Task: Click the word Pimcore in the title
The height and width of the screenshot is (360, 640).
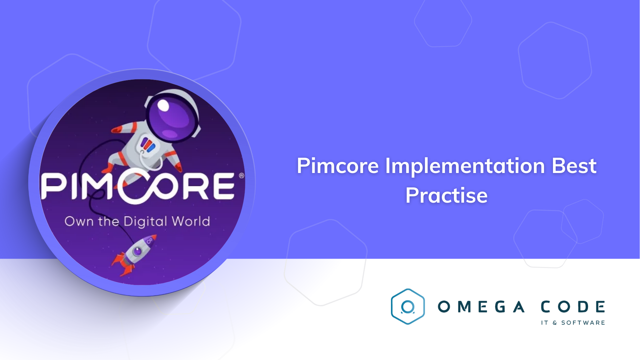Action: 338,166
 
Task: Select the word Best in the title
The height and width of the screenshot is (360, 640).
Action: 574,166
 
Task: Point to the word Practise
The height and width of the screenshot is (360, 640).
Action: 446,195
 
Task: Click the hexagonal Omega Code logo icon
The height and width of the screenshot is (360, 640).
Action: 408,307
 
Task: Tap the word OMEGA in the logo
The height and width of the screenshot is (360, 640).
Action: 481,307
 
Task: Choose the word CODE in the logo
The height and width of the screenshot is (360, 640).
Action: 573,307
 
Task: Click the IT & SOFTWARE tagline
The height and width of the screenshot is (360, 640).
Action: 573,323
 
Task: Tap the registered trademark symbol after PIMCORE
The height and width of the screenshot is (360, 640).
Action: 242,176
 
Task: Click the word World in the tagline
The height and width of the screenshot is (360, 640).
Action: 191,221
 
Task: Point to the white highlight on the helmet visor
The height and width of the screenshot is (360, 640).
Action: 163,105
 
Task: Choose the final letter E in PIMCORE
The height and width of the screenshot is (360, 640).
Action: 222,186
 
